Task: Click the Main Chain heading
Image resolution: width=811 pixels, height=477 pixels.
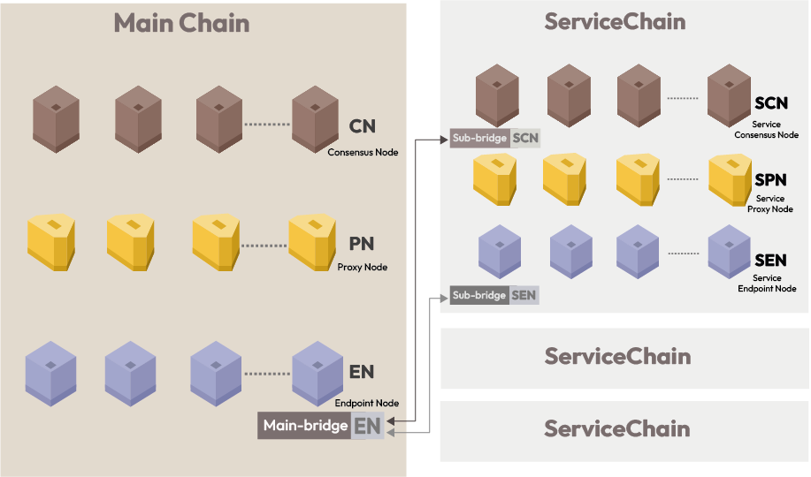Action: click(x=181, y=23)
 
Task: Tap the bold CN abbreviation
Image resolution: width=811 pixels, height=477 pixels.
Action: click(x=362, y=126)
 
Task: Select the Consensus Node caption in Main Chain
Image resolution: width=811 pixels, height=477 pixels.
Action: click(x=363, y=153)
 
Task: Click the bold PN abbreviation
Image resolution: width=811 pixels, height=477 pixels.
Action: click(x=362, y=244)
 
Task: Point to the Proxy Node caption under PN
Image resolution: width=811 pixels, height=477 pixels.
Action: click(x=362, y=267)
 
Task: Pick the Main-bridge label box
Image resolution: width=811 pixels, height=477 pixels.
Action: click(x=321, y=425)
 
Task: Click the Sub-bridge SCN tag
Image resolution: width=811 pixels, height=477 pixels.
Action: click(x=495, y=138)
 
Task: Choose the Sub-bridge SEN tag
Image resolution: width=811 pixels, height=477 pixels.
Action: click(x=494, y=295)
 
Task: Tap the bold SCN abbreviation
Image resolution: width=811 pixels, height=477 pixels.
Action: click(x=771, y=103)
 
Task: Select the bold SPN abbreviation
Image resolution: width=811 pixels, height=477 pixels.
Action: click(x=770, y=180)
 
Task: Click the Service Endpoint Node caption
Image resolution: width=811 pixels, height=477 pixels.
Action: click(x=767, y=284)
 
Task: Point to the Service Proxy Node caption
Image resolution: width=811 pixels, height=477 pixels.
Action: click(x=770, y=204)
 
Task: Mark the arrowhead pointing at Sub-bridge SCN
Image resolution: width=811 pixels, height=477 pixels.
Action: click(x=444, y=139)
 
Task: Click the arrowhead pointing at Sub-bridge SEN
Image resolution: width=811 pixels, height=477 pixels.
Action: click(x=443, y=298)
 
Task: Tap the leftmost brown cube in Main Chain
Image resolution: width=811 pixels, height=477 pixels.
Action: click(x=56, y=119)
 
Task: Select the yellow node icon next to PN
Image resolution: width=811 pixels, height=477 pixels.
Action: click(x=312, y=242)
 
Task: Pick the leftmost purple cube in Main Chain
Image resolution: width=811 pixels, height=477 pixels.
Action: click(x=50, y=373)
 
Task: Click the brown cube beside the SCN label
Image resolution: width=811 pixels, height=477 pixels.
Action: click(x=729, y=95)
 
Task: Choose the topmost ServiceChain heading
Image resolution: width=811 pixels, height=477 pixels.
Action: click(x=615, y=22)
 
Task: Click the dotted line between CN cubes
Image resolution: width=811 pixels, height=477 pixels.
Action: click(x=267, y=124)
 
